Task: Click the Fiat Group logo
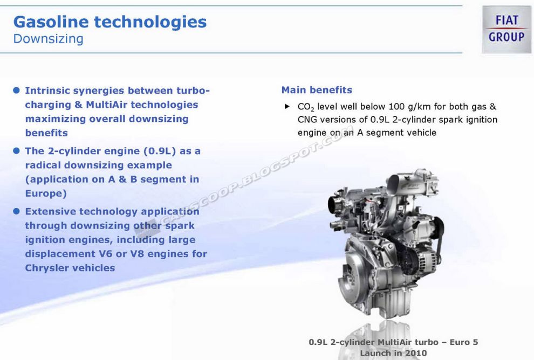[506, 29]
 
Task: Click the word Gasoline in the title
[50, 22]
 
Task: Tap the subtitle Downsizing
[48, 39]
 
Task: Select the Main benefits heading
[317, 90]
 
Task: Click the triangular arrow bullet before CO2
[287, 107]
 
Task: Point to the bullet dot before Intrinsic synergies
[16, 90]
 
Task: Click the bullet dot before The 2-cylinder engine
[16, 151]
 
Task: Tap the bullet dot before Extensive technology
[16, 211]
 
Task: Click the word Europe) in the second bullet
[46, 193]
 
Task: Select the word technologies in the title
[150, 22]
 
